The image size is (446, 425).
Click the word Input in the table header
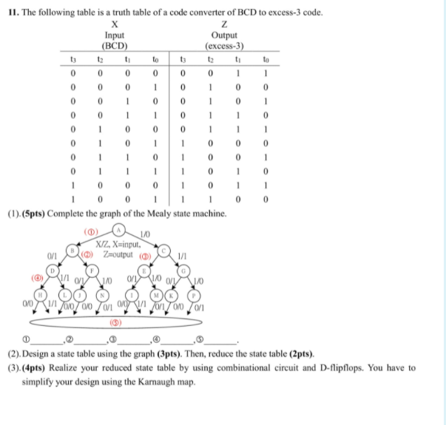[x=115, y=33]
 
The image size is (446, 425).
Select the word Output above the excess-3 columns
[x=224, y=33]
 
